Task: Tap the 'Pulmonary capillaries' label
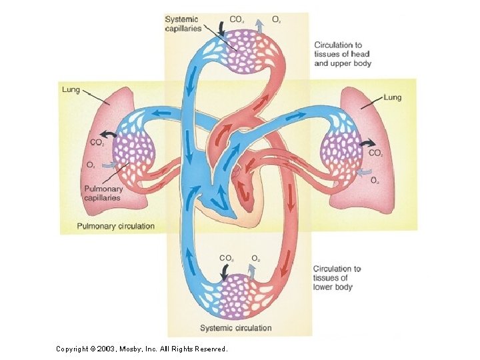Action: [103, 193]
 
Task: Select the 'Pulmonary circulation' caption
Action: [115, 226]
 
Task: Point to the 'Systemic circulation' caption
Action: [236, 328]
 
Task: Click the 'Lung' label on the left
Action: [71, 89]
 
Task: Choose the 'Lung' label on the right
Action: [393, 97]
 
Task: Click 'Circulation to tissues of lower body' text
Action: [337, 278]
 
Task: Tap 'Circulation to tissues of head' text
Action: [343, 54]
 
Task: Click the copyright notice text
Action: [141, 349]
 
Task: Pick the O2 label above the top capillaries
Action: [276, 20]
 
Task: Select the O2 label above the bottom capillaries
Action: [255, 257]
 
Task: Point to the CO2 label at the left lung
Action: [97, 142]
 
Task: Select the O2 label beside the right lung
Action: [375, 180]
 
